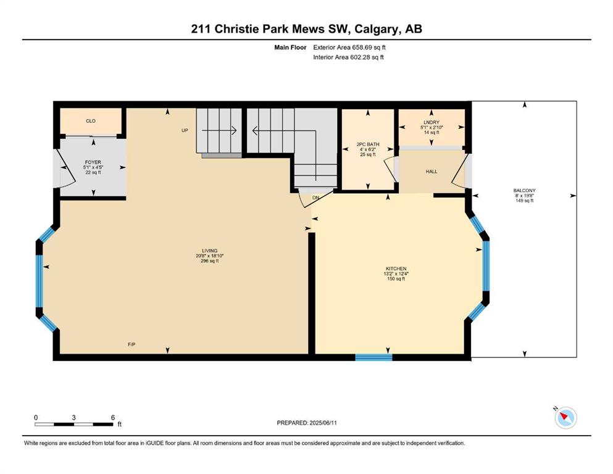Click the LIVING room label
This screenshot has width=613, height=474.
pyautogui.click(x=209, y=251)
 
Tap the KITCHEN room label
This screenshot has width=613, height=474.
pyautogui.click(x=396, y=269)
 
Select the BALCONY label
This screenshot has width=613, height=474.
pyautogui.click(x=524, y=191)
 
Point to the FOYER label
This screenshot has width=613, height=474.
pyautogui.click(x=93, y=162)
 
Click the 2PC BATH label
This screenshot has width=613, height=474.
pyautogui.click(x=368, y=144)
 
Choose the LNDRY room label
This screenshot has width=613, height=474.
pyautogui.click(x=432, y=122)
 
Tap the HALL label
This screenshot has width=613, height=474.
pyautogui.click(x=432, y=172)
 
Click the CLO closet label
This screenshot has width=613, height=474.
pyautogui.click(x=91, y=121)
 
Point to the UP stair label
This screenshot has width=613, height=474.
pyautogui.click(x=185, y=130)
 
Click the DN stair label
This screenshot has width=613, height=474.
pyautogui.click(x=315, y=197)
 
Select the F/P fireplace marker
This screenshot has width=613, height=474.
pyautogui.click(x=131, y=344)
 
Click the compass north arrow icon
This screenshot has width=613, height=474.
pyautogui.click(x=565, y=418)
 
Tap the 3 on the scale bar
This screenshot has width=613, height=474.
pyautogui.click(x=73, y=417)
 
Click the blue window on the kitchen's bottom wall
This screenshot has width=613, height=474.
pyautogui.click(x=373, y=357)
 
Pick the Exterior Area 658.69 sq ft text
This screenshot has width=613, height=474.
pyautogui.click(x=349, y=48)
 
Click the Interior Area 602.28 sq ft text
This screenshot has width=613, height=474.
pyautogui.click(x=348, y=57)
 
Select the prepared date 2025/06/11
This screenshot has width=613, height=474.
pyautogui.click(x=323, y=423)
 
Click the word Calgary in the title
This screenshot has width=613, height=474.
pyautogui.click(x=377, y=29)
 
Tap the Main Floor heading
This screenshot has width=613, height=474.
pyautogui.click(x=290, y=48)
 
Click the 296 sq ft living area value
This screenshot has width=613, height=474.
pyautogui.click(x=209, y=261)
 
